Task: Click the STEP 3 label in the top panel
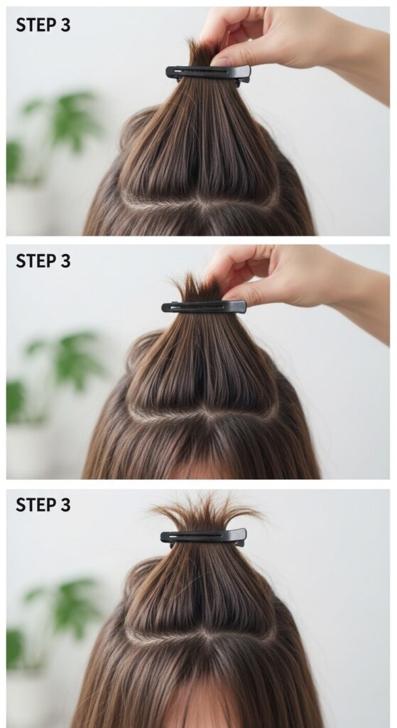[43, 25]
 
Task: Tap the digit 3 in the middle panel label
[65, 262]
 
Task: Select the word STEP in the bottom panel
[36, 505]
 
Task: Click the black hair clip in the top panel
[208, 73]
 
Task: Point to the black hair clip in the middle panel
[204, 306]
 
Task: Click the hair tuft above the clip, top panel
[200, 53]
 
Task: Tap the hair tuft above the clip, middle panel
[197, 289]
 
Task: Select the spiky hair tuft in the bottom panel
[204, 513]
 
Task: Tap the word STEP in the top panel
[36, 25]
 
